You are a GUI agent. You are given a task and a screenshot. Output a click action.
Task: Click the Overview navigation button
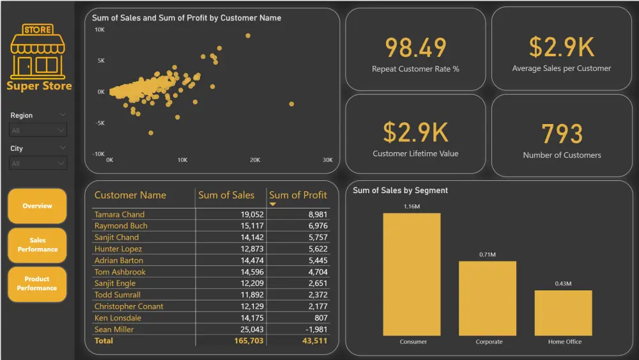coord(37,206)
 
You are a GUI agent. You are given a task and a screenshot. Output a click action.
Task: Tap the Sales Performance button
coord(37,245)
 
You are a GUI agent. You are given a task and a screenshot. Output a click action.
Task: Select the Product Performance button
coord(37,284)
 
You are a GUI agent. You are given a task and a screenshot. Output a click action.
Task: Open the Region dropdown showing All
coord(38,130)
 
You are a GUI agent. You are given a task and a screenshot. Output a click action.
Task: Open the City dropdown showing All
coord(38,164)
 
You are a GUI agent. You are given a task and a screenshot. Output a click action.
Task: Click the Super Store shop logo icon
coord(38,51)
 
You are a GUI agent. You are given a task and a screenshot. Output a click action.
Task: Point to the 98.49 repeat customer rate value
coord(415,48)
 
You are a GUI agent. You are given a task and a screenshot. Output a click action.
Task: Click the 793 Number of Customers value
coord(562,134)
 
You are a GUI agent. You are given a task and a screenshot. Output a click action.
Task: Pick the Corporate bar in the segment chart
coord(487,298)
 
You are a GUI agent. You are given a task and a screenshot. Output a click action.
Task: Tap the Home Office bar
coord(563,313)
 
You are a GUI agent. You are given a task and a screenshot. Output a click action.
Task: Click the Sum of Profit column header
coord(297,195)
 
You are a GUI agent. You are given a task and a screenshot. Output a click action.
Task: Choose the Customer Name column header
coord(130,195)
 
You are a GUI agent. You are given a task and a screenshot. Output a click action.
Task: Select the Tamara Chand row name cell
coord(119,214)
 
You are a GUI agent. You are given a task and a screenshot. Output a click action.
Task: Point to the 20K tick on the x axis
coord(255,160)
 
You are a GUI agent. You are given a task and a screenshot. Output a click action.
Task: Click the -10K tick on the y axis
coord(98,154)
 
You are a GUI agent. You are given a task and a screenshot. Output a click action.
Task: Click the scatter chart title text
coord(187,18)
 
